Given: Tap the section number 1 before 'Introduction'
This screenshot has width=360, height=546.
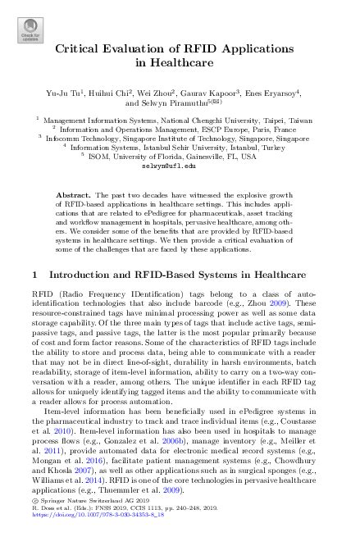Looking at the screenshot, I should coord(32,273).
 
